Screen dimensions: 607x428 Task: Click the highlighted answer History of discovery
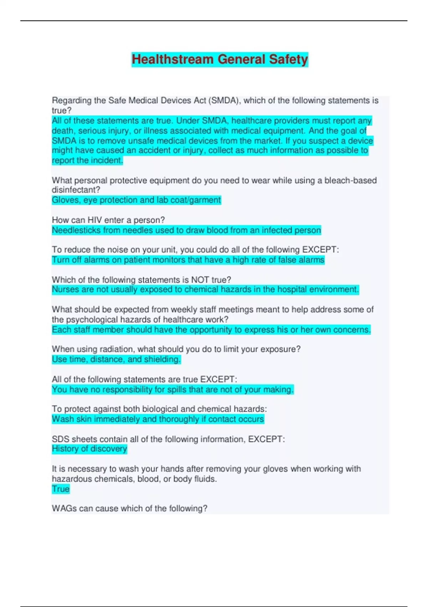tap(90, 449)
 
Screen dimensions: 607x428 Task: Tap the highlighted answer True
tap(61, 489)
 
